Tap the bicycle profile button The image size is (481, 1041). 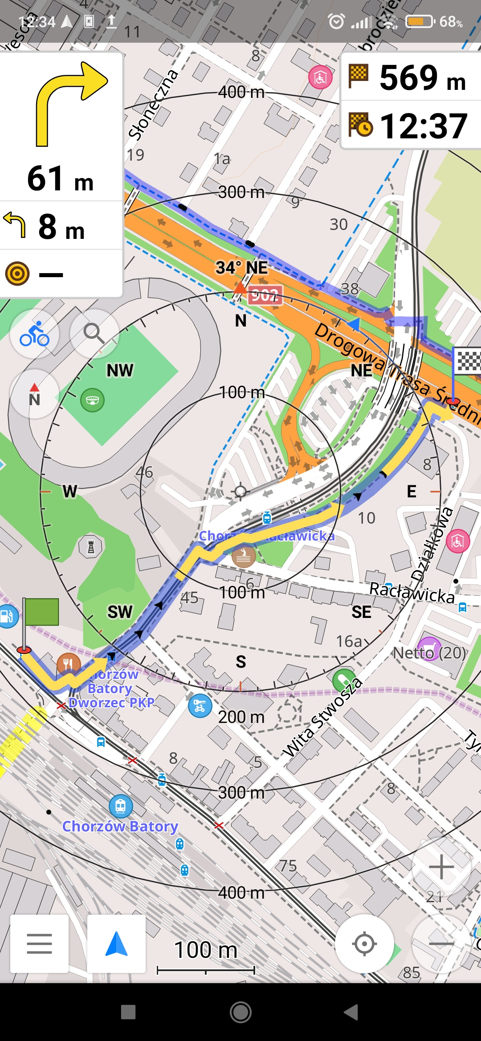tap(34, 334)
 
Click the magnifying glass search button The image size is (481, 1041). tap(94, 334)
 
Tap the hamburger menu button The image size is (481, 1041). tap(39, 944)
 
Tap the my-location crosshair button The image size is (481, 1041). tap(364, 944)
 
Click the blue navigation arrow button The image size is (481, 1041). tap(116, 944)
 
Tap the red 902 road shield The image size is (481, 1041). tap(265, 295)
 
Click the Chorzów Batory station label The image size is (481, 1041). tap(120, 827)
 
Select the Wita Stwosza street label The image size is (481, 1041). tap(322, 718)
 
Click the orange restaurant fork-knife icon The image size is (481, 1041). tap(68, 664)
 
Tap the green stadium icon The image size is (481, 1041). tap(92, 400)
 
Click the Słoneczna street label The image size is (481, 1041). tap(153, 105)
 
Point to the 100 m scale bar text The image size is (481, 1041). tap(206, 950)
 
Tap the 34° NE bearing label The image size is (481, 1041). tap(242, 268)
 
